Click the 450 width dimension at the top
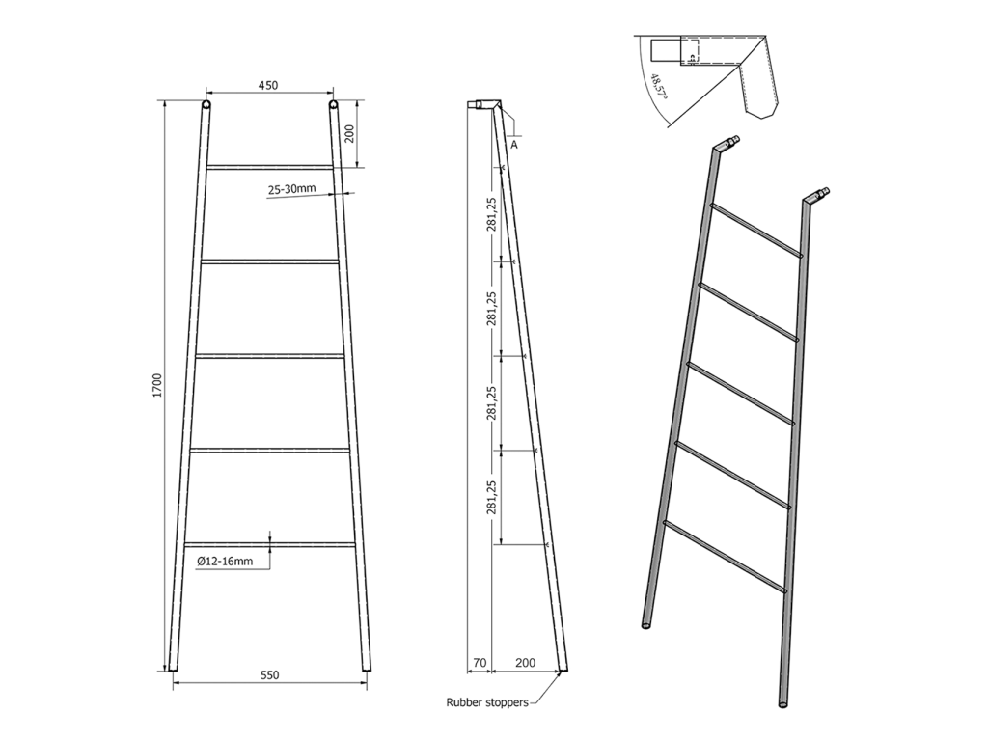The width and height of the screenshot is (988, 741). coord(268,85)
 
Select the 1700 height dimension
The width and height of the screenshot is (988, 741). coord(157,385)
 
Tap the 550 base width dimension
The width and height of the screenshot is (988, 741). coord(269,674)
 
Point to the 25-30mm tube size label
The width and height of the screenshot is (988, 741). coord(291,188)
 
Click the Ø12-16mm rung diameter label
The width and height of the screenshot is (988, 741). coord(225,561)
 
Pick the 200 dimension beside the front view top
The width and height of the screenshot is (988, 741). coord(350,133)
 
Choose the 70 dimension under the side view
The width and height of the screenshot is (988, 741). coord(480,663)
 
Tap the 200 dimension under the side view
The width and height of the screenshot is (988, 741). coord(525,663)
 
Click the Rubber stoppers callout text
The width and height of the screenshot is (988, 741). coord(487,702)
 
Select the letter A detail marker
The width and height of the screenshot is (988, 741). coord(514,145)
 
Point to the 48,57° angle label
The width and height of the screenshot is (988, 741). coord(659,87)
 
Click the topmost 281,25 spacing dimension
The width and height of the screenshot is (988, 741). coord(492,214)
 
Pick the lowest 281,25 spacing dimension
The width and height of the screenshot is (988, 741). coord(492,498)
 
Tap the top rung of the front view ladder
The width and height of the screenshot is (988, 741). coord(269,167)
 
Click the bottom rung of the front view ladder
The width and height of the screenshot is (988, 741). coord(270,544)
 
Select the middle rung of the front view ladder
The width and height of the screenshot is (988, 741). coord(270,356)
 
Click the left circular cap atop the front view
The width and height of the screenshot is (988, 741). coord(206,104)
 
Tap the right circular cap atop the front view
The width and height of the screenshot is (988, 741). coord(333,104)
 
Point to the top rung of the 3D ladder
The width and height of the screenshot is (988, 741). coord(756,230)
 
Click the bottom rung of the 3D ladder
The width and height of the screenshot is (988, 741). coord(725,557)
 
